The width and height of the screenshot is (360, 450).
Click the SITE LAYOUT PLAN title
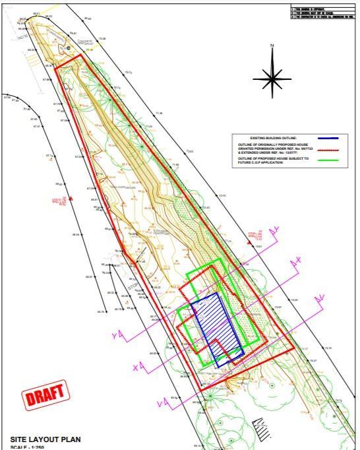(44, 439)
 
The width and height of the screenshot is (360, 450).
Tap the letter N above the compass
(272, 46)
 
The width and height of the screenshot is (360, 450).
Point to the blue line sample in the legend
(328, 139)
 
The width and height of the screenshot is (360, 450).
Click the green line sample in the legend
(328, 160)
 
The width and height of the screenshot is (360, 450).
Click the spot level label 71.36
(158, 113)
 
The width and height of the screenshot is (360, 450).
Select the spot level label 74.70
(328, 348)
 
